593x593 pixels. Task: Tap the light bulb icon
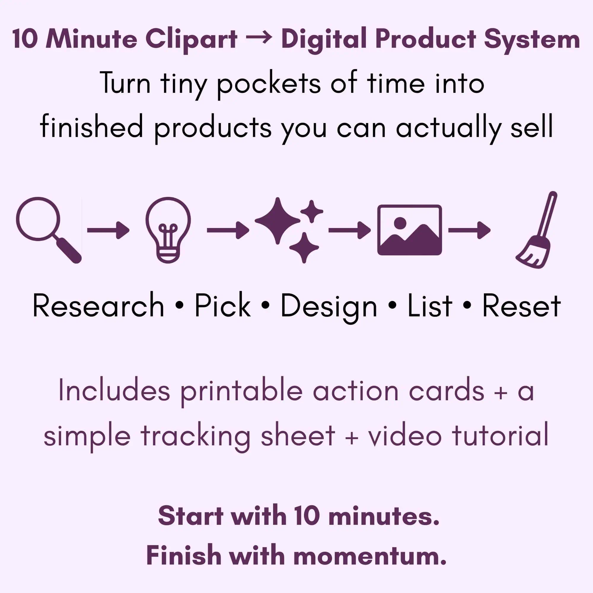168,230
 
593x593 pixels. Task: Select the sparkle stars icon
289,230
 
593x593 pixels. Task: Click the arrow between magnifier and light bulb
108,230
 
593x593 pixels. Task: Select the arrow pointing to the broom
469,230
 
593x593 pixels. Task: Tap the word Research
98,306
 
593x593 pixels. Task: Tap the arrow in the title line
259,39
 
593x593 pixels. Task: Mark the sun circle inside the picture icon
400,223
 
